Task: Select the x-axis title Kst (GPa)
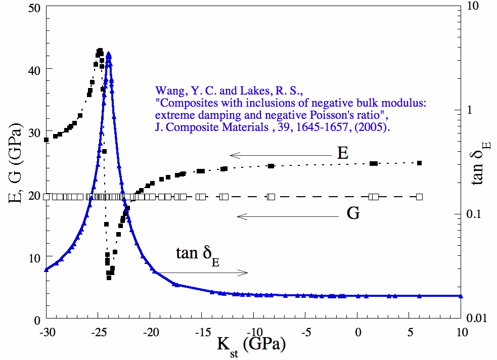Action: point(251,345)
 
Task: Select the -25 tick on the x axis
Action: point(98,333)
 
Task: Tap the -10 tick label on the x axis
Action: point(253,333)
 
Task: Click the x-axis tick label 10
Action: point(461,333)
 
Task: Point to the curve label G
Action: point(353,214)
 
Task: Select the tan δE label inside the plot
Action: point(198,254)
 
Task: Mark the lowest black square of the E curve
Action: point(109,278)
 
